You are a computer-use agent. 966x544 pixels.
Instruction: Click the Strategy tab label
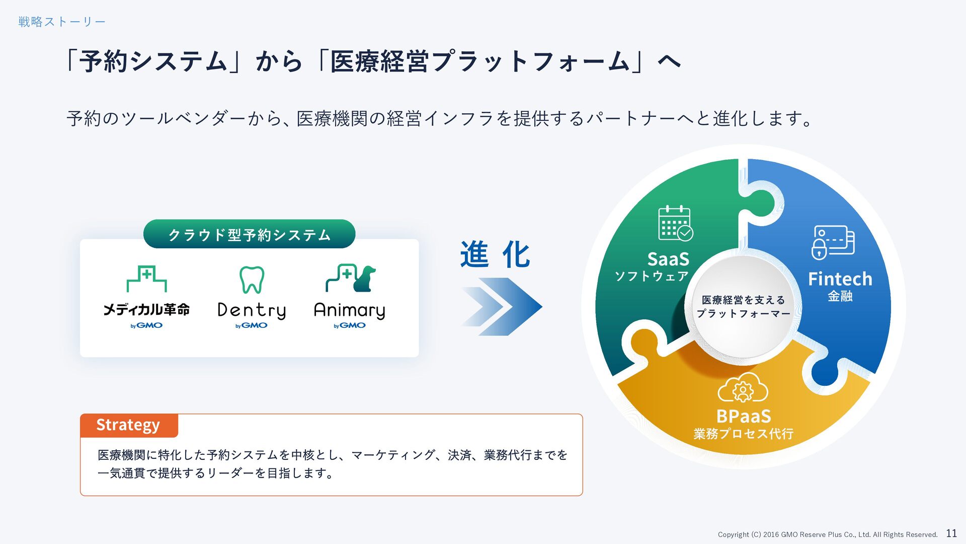pyautogui.click(x=128, y=425)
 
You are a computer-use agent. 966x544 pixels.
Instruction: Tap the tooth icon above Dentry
pyautogui.click(x=252, y=280)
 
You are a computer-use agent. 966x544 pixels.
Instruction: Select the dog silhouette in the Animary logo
pyautogui.click(x=365, y=279)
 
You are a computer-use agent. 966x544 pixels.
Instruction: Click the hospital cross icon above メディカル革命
pyautogui.click(x=146, y=279)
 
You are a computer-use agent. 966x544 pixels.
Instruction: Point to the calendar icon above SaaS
pyautogui.click(x=675, y=223)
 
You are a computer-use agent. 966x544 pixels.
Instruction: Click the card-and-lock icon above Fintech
pyautogui.click(x=833, y=242)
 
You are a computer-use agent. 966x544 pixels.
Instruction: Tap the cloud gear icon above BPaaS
pyautogui.click(x=743, y=388)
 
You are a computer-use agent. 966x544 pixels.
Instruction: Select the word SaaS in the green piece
pyautogui.click(x=668, y=259)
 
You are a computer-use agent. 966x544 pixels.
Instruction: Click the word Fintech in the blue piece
pyautogui.click(x=840, y=279)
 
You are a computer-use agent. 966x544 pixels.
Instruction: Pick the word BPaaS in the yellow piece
pyautogui.click(x=743, y=417)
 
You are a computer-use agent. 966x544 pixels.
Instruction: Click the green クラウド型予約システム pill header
pyautogui.click(x=249, y=234)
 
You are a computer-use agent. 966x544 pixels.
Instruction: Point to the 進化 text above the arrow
pyautogui.click(x=495, y=254)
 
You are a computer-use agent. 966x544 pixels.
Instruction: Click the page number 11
pyautogui.click(x=951, y=533)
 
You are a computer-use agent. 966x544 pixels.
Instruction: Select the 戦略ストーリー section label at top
pyautogui.click(x=62, y=22)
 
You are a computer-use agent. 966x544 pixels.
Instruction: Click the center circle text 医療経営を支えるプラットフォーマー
pyautogui.click(x=743, y=307)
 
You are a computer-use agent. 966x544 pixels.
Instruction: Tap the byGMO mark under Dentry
pyautogui.click(x=252, y=325)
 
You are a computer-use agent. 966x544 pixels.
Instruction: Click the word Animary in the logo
pyautogui.click(x=350, y=310)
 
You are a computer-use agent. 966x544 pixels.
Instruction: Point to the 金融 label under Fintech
pyautogui.click(x=840, y=296)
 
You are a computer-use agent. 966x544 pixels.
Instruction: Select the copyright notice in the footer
pyautogui.click(x=827, y=534)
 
